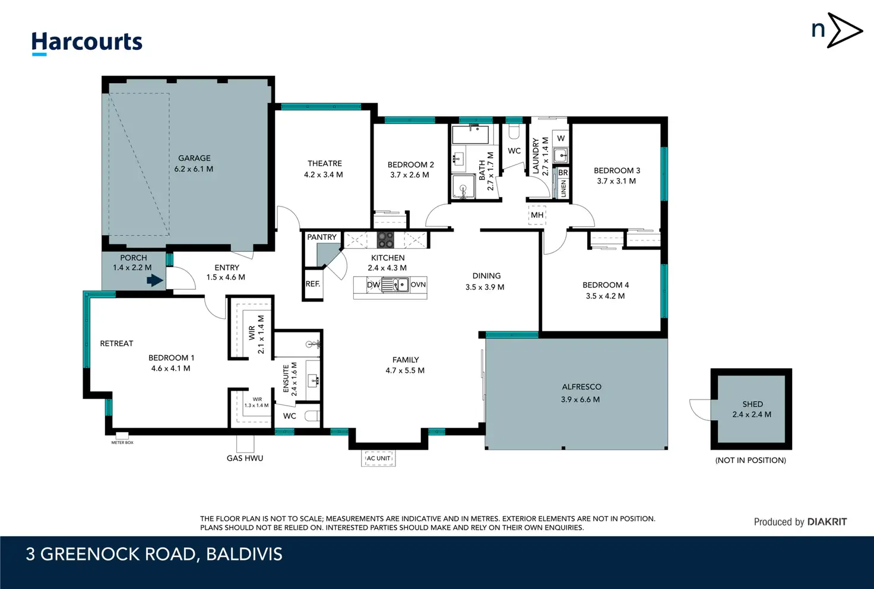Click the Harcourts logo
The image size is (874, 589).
click(x=87, y=43)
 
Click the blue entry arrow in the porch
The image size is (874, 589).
click(x=155, y=280)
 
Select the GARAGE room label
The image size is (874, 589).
click(x=194, y=158)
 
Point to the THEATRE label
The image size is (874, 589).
click(x=325, y=163)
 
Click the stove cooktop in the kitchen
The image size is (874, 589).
click(x=385, y=240)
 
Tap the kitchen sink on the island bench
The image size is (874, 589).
click(x=395, y=284)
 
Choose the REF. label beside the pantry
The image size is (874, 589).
click(x=313, y=284)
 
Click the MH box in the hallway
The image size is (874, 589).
click(x=537, y=215)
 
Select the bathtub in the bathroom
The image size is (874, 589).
click(x=470, y=135)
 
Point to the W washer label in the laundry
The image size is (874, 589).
click(x=560, y=138)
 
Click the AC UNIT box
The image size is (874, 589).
click(x=378, y=458)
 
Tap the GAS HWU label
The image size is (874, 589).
click(x=245, y=458)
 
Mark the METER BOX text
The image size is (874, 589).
click(x=122, y=443)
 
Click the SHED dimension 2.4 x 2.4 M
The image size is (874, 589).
click(x=752, y=414)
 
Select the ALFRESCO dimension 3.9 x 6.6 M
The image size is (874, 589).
click(x=581, y=400)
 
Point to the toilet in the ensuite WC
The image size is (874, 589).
click(x=312, y=417)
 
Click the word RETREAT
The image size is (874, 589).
click(x=116, y=343)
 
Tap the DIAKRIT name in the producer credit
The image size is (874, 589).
click(x=826, y=522)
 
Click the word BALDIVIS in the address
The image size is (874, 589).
click(x=244, y=555)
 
